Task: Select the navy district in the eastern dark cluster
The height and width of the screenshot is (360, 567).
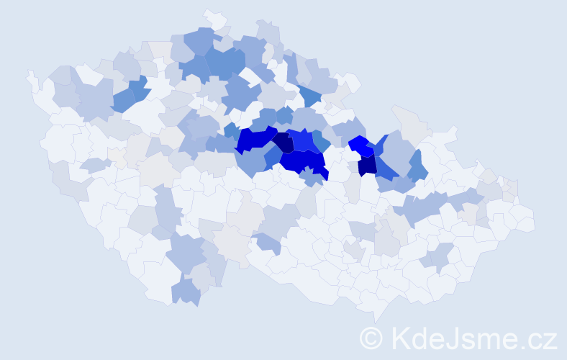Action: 367,166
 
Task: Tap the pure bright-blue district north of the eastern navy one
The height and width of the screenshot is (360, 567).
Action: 360,146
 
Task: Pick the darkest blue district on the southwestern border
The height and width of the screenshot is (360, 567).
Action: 186,292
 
